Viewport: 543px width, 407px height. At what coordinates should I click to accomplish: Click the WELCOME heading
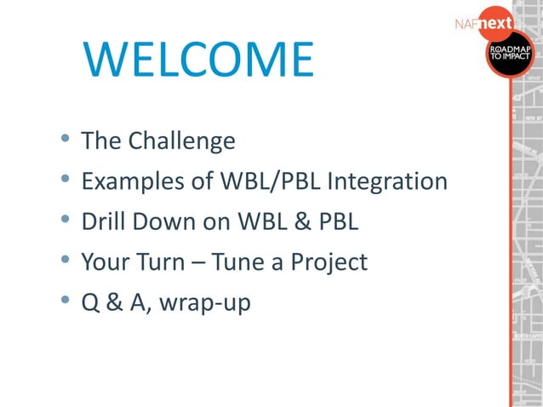[198, 59]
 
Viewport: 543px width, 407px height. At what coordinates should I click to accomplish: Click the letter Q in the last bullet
[90, 302]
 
